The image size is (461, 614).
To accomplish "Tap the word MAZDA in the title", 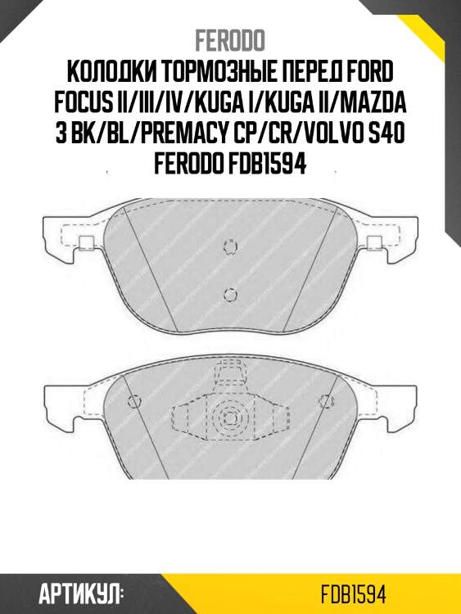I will (x=383, y=104).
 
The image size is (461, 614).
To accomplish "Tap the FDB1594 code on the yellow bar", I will (x=354, y=592).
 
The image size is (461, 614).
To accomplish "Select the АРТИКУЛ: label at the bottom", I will (x=81, y=592).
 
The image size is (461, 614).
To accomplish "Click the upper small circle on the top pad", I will (x=231, y=246).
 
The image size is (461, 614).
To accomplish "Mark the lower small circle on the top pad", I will (x=230, y=294).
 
